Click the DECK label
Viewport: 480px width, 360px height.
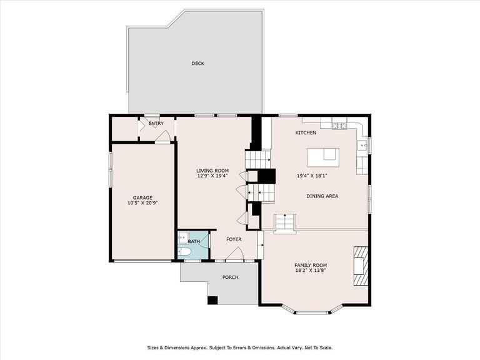(x=197, y=63)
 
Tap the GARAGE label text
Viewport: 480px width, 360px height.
(x=142, y=197)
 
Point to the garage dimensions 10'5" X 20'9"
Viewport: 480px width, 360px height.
(x=142, y=202)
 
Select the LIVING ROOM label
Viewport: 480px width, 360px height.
(x=212, y=171)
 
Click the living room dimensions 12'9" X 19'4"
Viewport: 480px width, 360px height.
(x=212, y=176)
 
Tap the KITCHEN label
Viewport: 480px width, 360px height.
(x=306, y=132)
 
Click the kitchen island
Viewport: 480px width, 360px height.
(x=323, y=157)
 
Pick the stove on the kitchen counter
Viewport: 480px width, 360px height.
(x=339, y=126)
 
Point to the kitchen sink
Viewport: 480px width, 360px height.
(x=363, y=145)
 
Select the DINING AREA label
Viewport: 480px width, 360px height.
(x=322, y=196)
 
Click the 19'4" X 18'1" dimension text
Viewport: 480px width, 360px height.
(x=312, y=176)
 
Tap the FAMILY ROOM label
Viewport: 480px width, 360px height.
(x=311, y=265)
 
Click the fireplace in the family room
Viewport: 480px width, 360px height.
(x=360, y=266)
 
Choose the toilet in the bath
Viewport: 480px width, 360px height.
(x=184, y=252)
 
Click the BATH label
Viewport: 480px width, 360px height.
(x=194, y=241)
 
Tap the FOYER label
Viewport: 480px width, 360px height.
(x=234, y=239)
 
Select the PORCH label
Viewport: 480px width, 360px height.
(x=230, y=277)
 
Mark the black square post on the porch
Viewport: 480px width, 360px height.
(x=212, y=300)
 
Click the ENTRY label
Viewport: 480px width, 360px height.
(x=156, y=123)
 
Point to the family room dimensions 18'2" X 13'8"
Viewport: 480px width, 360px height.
(x=311, y=270)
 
